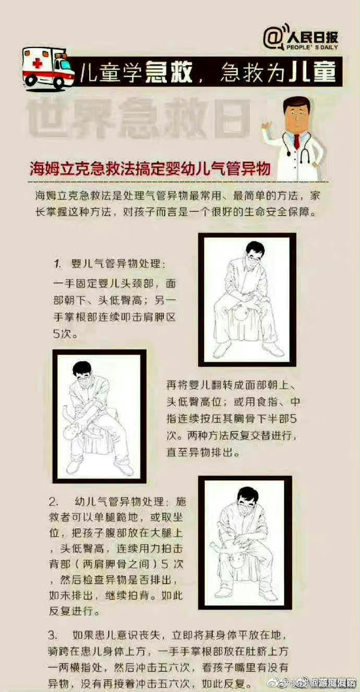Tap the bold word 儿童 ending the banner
(312, 72)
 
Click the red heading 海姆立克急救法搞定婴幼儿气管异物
(150, 168)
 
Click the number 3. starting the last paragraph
(52, 635)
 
